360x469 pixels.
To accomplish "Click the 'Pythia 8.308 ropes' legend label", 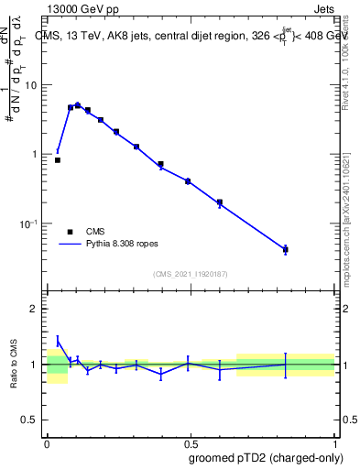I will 124,245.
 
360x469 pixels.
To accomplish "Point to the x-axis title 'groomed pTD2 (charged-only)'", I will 260,457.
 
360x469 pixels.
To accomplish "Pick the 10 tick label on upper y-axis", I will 31,85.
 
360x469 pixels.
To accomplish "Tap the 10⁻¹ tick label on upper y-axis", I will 29,224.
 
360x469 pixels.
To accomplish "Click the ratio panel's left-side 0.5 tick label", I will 30,420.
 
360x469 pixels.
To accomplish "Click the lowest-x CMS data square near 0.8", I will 58,160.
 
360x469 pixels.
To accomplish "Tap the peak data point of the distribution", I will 77,105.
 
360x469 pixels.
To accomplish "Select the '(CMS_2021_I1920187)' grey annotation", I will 191,274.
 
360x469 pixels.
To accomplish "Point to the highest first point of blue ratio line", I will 58,341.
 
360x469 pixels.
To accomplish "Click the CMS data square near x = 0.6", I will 220,202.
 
